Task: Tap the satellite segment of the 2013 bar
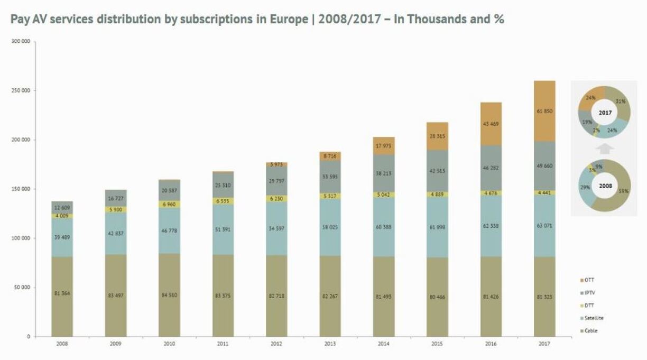coord(330,228)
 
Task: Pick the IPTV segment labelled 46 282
coord(491,168)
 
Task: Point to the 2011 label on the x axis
coord(223,343)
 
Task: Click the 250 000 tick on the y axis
coord(22,90)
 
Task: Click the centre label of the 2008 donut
coord(605,186)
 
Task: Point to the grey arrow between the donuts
coord(605,147)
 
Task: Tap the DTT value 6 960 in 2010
coord(169,204)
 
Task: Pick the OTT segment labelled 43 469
coord(491,124)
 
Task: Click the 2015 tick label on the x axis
coord(437,343)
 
